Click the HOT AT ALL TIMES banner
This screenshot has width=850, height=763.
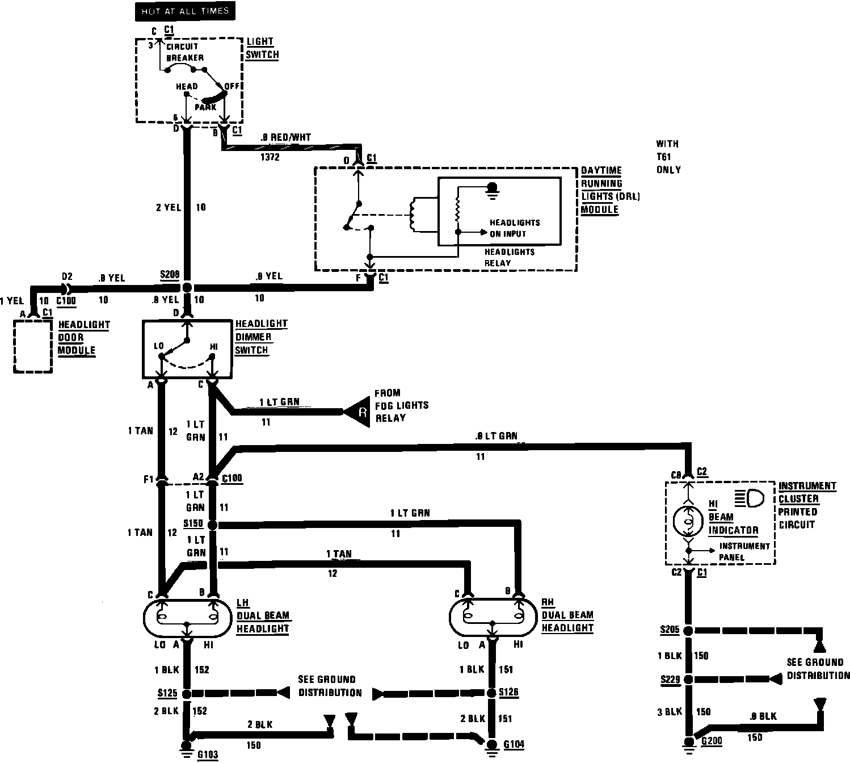tap(185, 11)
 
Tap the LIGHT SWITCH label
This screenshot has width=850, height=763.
tap(262, 48)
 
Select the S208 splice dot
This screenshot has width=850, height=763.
tap(187, 288)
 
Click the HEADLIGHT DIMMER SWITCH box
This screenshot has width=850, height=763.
tap(186, 349)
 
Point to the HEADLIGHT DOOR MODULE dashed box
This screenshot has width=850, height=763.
tap(33, 346)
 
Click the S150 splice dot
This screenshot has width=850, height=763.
tap(213, 525)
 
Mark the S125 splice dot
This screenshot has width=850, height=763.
tap(187, 693)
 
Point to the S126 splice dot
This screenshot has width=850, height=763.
tap(492, 693)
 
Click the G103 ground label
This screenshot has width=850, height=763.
tap(207, 754)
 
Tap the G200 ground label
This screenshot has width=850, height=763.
tap(712, 741)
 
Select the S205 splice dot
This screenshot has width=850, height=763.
tap(688, 631)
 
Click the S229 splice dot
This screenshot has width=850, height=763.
tap(688, 680)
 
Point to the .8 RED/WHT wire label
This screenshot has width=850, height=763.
tap(285, 137)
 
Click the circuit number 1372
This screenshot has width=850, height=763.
tap(270, 157)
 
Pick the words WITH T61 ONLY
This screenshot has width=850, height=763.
tap(668, 157)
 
